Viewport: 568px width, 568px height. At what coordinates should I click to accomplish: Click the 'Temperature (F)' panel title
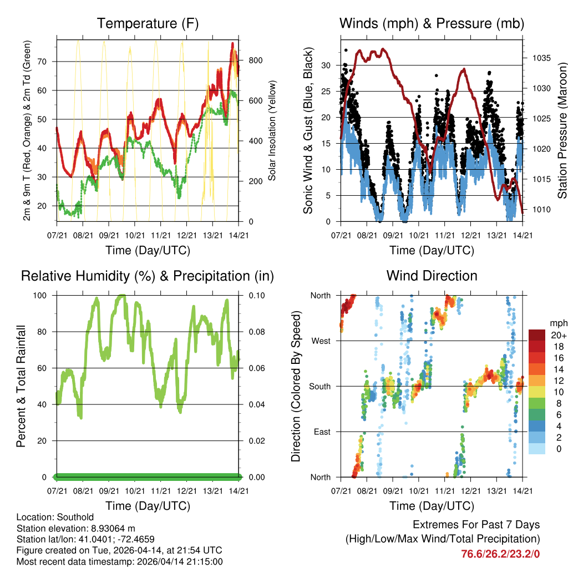pos(148,23)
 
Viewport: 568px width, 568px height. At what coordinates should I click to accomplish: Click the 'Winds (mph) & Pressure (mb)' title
pos(432,23)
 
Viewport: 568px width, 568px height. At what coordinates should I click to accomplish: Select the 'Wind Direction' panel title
pos(432,275)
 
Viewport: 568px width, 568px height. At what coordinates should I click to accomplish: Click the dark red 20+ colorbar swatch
pos(537,335)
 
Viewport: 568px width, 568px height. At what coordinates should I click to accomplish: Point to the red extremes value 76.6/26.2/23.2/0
pos(500,554)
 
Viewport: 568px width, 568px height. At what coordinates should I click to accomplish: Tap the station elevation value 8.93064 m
pos(113,529)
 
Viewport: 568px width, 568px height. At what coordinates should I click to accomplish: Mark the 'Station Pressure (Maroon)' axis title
pos(562,130)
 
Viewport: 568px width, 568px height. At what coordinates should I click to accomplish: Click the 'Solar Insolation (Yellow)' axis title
pos(272,130)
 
